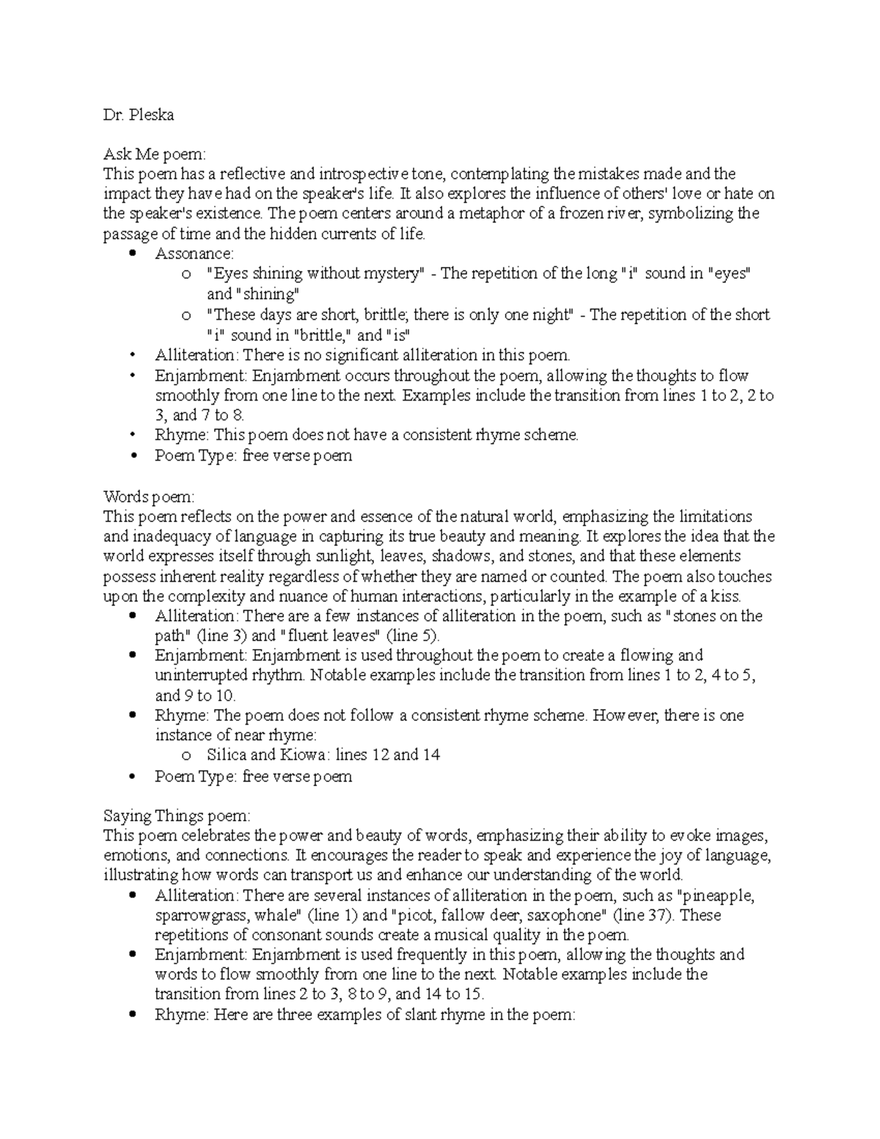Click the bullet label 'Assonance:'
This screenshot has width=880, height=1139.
(194, 254)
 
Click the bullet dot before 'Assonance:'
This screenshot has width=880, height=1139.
(132, 254)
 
